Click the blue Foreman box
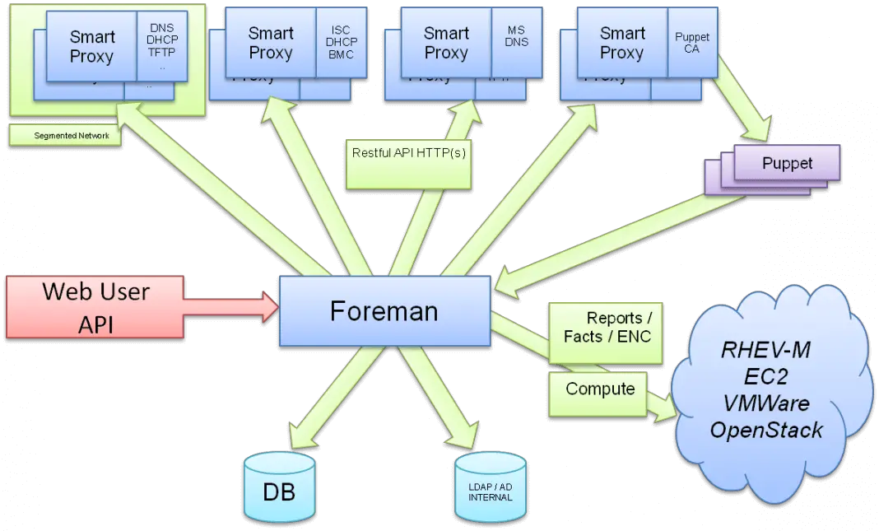(384, 311)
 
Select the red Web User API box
(95, 307)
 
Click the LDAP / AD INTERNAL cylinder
(490, 492)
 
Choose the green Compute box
(599, 389)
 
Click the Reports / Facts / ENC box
(607, 328)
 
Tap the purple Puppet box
(787, 163)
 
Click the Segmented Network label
(66, 136)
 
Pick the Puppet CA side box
(691, 43)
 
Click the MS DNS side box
(516, 37)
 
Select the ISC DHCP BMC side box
(340, 43)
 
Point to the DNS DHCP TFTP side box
(162, 45)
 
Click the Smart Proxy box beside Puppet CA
(622, 43)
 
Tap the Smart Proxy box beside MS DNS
(446, 43)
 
